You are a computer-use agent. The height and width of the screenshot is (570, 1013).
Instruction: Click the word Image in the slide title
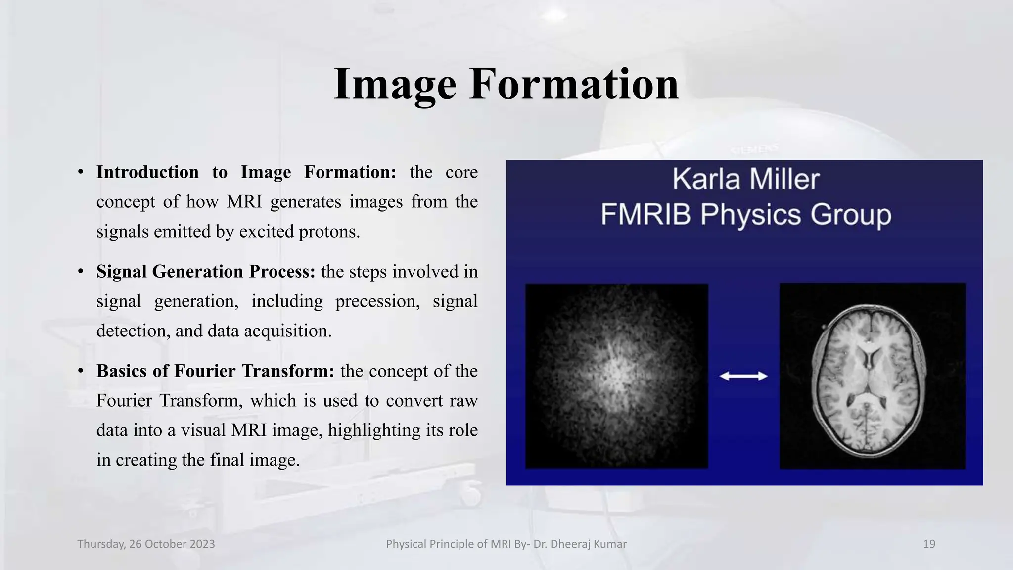pyautogui.click(x=395, y=85)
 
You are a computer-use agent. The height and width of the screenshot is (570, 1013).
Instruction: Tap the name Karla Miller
pyautogui.click(x=745, y=179)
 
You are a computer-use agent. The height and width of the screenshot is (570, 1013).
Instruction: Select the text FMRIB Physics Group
pyautogui.click(x=745, y=215)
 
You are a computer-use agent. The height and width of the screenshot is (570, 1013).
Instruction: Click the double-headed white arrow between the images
pyautogui.click(x=743, y=377)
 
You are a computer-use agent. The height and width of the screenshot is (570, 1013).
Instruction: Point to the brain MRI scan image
pyautogui.click(x=873, y=376)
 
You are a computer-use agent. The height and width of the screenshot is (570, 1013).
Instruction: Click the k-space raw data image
pyautogui.click(x=616, y=376)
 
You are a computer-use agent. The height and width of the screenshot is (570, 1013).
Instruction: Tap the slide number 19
pyautogui.click(x=929, y=544)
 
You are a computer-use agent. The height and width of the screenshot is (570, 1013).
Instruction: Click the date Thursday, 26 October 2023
pyautogui.click(x=146, y=544)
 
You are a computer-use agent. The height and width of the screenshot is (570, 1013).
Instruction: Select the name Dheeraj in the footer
pyautogui.click(x=568, y=544)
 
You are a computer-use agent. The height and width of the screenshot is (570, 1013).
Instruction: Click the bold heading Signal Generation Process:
pyautogui.click(x=205, y=272)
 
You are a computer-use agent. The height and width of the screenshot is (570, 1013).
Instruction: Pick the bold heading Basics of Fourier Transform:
pyautogui.click(x=215, y=371)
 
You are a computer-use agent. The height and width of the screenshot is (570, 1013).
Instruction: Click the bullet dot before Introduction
pyautogui.click(x=80, y=173)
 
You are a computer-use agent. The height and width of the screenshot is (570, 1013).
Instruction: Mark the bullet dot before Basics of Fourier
pyautogui.click(x=80, y=371)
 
